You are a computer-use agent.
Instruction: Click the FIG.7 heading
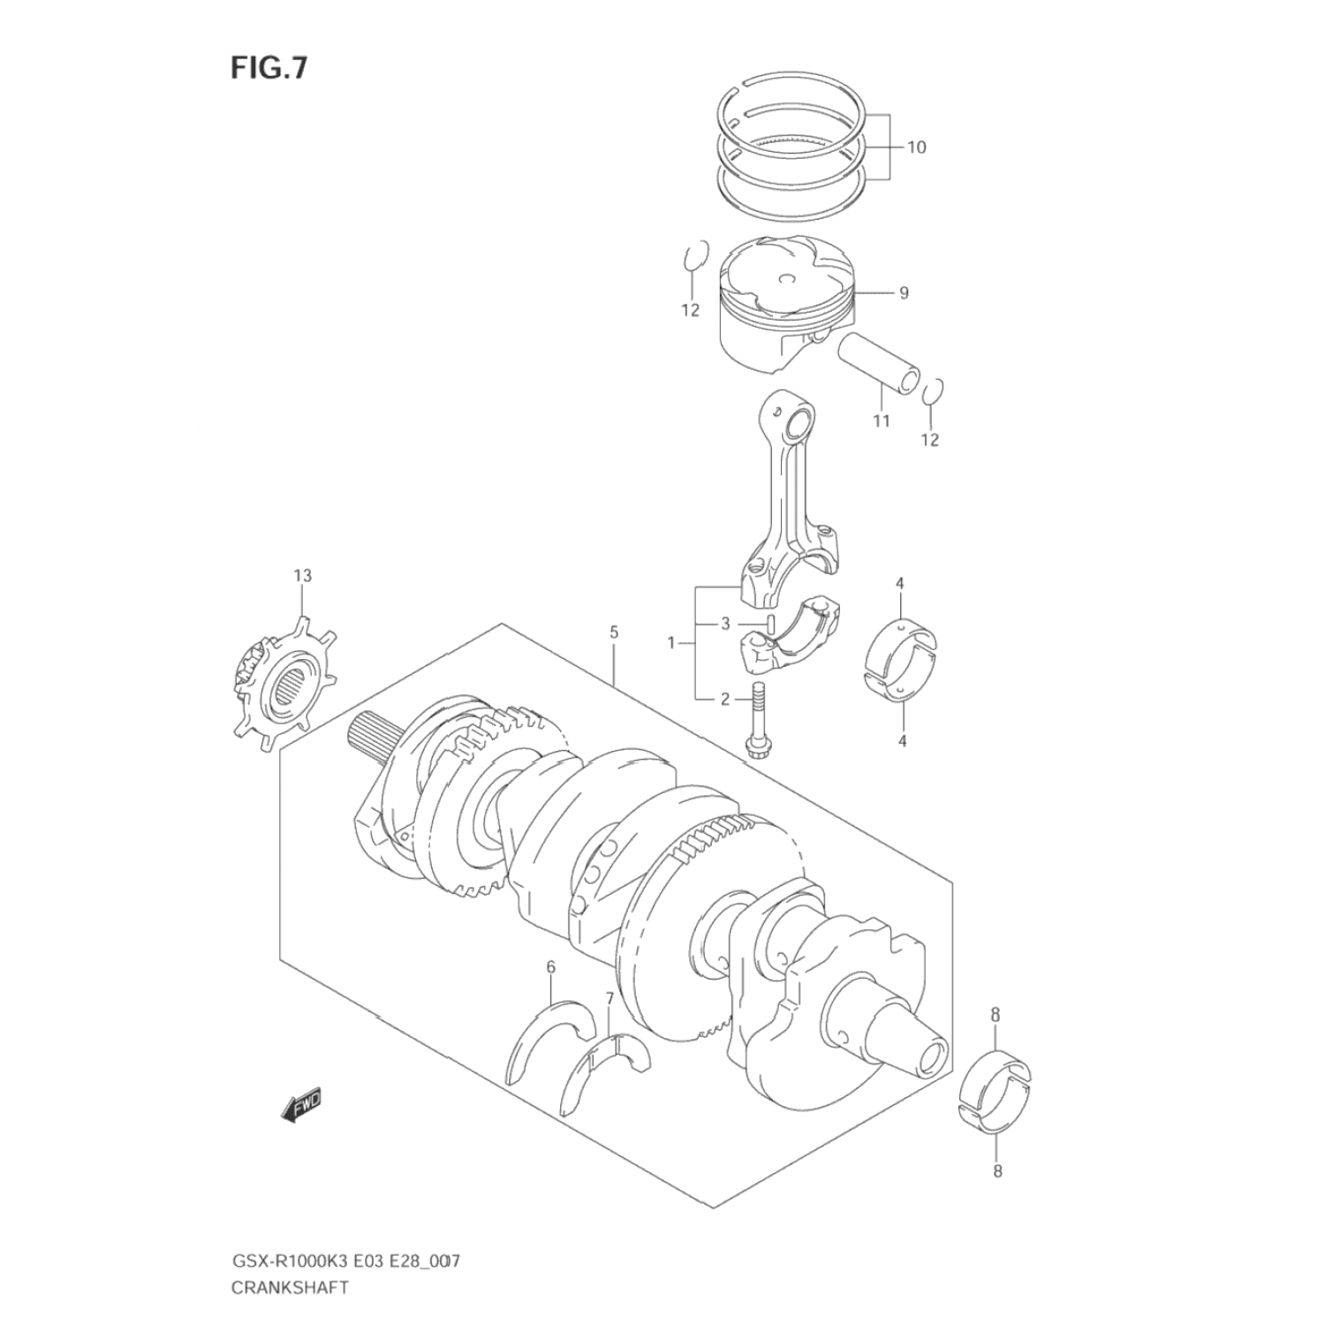[269, 68]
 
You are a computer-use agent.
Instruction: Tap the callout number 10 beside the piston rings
[916, 147]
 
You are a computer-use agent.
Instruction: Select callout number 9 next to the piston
[903, 292]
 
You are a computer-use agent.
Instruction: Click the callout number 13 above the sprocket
[302, 576]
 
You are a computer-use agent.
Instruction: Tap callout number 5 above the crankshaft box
[613, 632]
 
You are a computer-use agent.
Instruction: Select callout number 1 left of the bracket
[671, 642]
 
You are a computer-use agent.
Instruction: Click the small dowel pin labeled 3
[771, 623]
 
